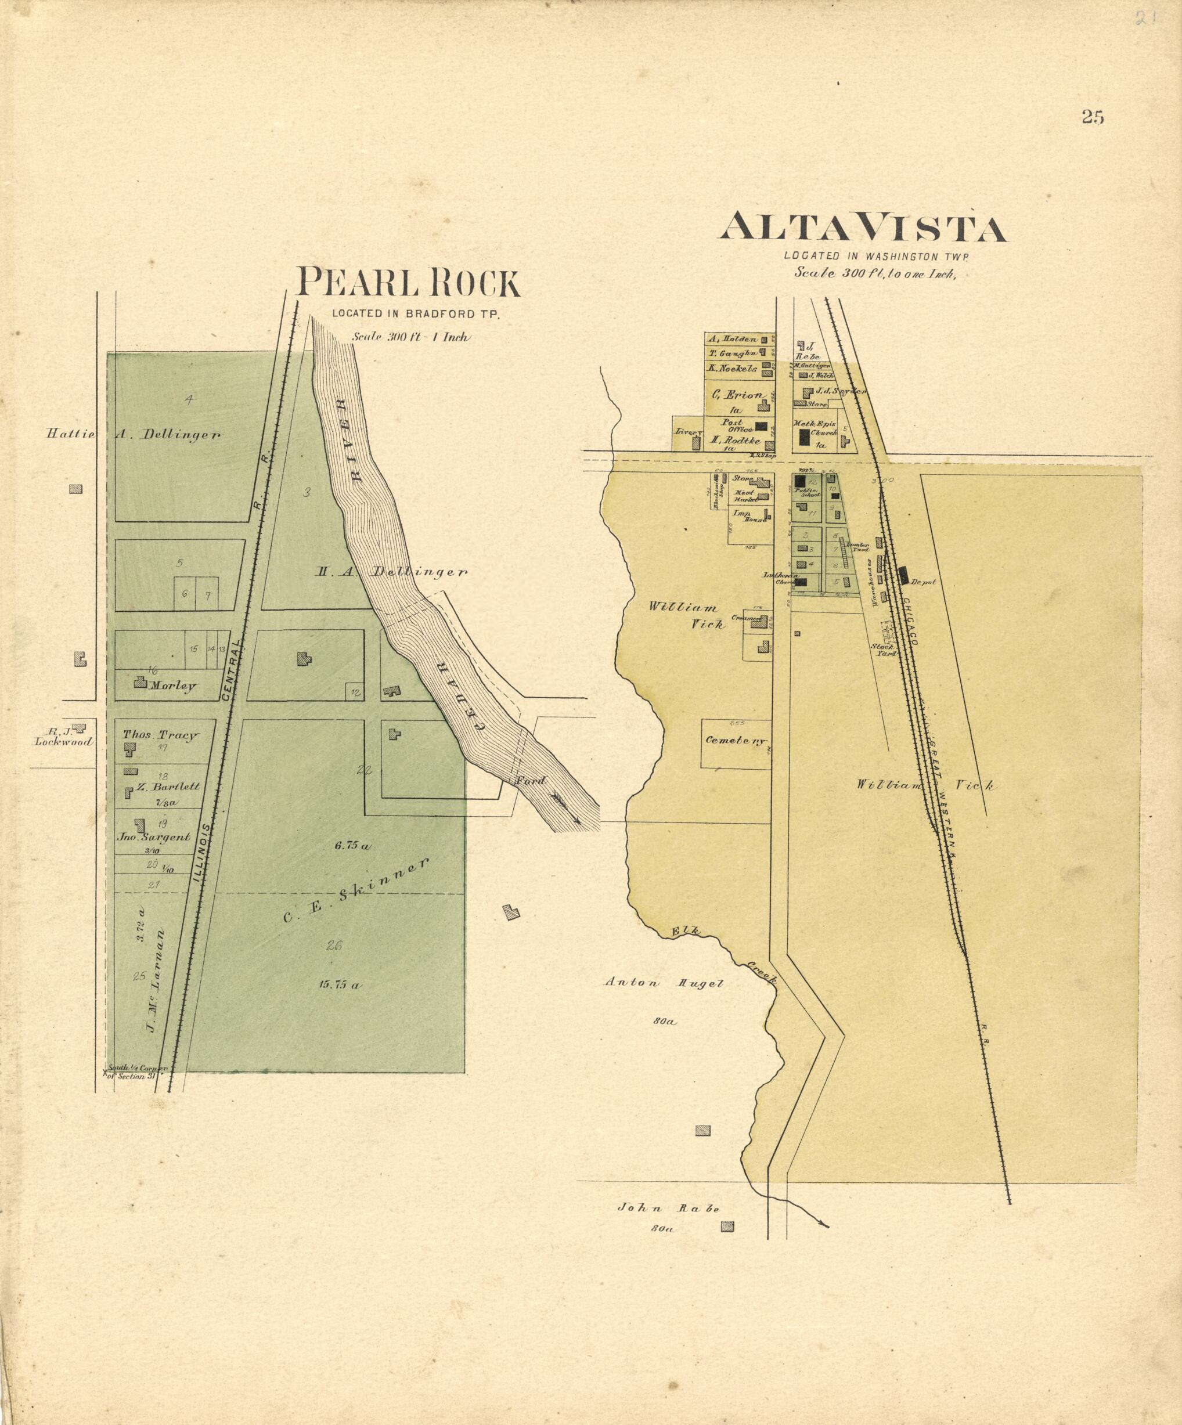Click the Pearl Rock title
point(409,283)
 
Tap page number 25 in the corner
point(1093,117)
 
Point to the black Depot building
point(904,575)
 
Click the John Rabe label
point(668,1208)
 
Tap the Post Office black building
point(761,426)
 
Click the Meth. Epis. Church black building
point(805,437)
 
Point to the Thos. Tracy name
point(160,734)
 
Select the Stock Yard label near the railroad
point(885,650)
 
